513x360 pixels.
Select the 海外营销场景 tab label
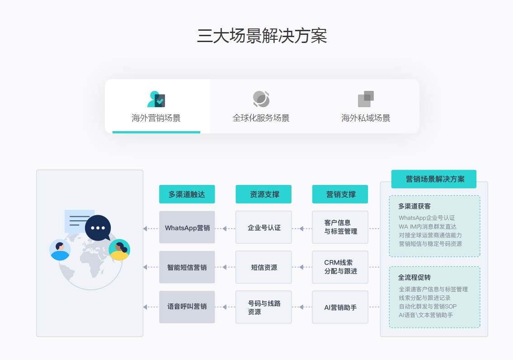(156, 118)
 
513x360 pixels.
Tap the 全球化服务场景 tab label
(261, 118)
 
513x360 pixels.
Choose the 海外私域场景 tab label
(366, 118)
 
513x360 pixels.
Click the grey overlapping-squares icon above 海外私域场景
(366, 99)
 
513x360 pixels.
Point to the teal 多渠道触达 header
(187, 194)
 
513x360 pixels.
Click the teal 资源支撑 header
(264, 194)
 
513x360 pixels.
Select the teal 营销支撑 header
(340, 194)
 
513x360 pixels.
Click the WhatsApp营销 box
(187, 227)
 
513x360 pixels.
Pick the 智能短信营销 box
(187, 267)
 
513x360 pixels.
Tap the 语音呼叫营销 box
(187, 307)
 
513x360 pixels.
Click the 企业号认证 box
(264, 227)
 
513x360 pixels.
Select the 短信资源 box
(264, 267)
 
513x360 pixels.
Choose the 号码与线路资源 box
(264, 307)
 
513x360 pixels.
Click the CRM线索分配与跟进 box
(340, 267)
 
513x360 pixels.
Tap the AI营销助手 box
(340, 307)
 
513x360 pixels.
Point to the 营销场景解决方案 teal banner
(434, 179)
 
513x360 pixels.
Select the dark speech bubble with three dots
(98, 227)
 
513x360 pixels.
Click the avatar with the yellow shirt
(119, 250)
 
